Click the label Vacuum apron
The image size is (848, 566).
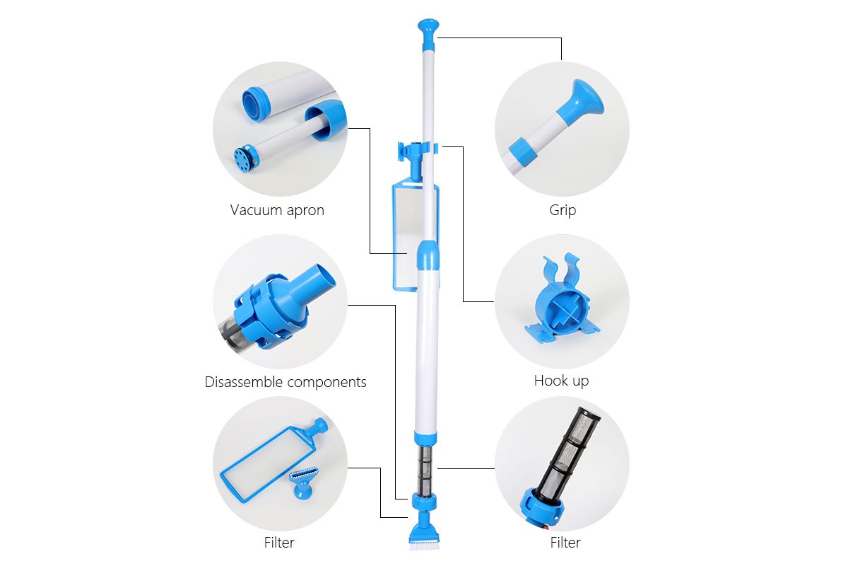pos(277,210)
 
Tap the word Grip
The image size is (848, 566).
pos(563,210)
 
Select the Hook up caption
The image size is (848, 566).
pos(561,381)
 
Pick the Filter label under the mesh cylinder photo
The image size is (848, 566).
pos(565,543)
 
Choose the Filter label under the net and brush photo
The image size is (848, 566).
pos(279,543)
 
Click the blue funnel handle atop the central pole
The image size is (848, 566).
pos(428,33)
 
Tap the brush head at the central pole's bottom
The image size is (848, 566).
pos(425,533)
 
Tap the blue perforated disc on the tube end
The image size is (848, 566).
pos(242,156)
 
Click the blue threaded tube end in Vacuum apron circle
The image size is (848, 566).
pos(257,104)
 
